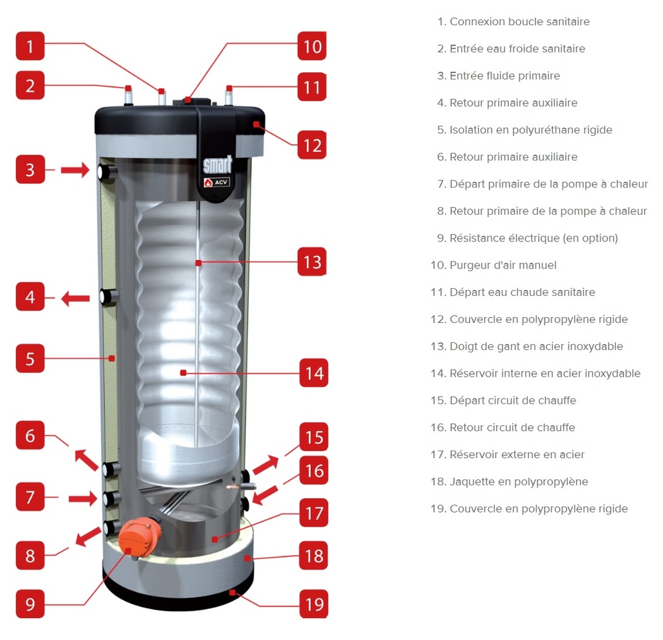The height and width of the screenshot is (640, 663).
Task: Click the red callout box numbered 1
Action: [x=30, y=47]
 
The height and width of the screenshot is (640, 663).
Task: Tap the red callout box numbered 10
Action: [x=313, y=47]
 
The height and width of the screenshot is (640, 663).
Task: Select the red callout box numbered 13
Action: [x=313, y=262]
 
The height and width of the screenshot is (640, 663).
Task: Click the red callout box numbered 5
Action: [x=30, y=358]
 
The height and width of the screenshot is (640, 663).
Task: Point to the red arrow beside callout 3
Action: [x=75, y=170]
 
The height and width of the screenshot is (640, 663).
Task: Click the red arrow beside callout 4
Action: [x=76, y=298]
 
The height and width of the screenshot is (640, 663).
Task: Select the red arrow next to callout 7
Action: [x=83, y=498]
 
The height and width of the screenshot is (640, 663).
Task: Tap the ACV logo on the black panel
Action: [x=217, y=182]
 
